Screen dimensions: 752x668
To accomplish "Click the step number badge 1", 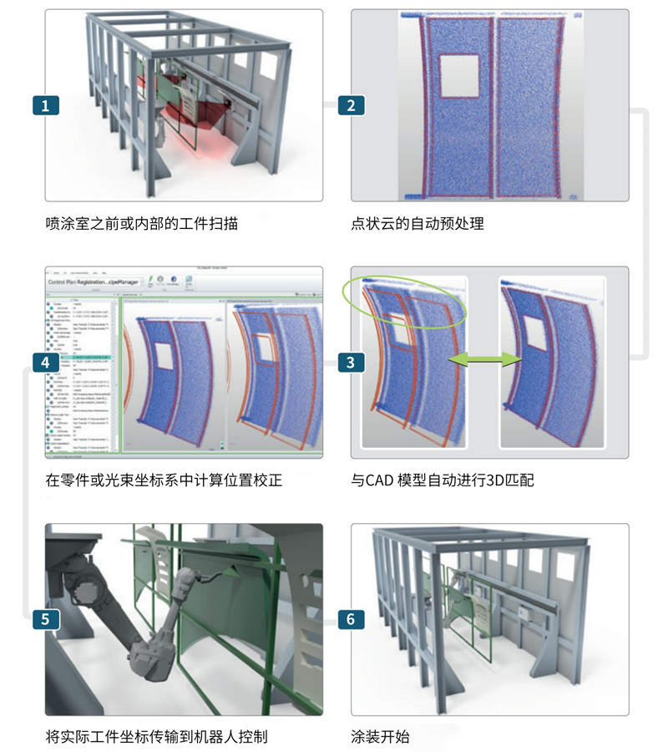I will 45,105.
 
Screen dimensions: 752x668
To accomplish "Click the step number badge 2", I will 351,105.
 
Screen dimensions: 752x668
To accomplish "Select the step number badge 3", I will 351,363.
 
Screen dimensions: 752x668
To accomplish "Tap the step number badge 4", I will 45,363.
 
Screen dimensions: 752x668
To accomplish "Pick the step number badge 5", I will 45,619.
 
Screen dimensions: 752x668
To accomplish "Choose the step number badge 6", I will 351,619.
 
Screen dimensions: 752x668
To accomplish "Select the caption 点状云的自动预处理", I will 417,224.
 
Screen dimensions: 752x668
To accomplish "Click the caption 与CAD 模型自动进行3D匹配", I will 451,481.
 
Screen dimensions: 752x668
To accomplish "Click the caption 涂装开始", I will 380,738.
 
